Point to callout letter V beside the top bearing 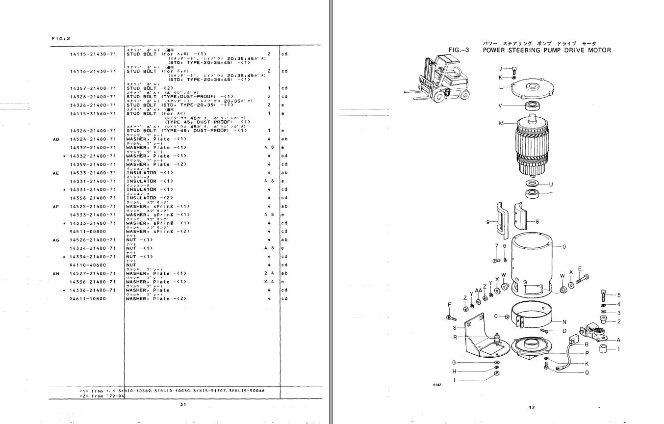coord(500,106)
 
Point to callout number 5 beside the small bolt coord(618,295)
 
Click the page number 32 coord(532,407)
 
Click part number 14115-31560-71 coord(93,114)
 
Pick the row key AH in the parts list coord(56,273)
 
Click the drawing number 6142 coord(436,384)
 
